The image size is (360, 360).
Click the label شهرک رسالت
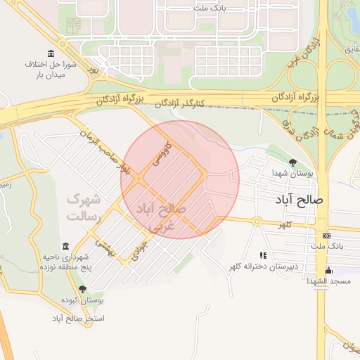(84, 207)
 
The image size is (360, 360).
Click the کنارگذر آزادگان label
(179, 103)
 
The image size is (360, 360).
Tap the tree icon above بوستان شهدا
(292, 162)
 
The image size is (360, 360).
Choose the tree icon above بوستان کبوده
(82, 289)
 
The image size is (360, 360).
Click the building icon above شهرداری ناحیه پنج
(65, 246)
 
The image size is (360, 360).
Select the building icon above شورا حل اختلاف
(50, 54)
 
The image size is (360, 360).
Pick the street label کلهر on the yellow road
(285, 224)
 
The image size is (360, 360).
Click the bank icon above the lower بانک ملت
(326, 236)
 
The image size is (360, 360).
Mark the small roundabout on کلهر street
(257, 221)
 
